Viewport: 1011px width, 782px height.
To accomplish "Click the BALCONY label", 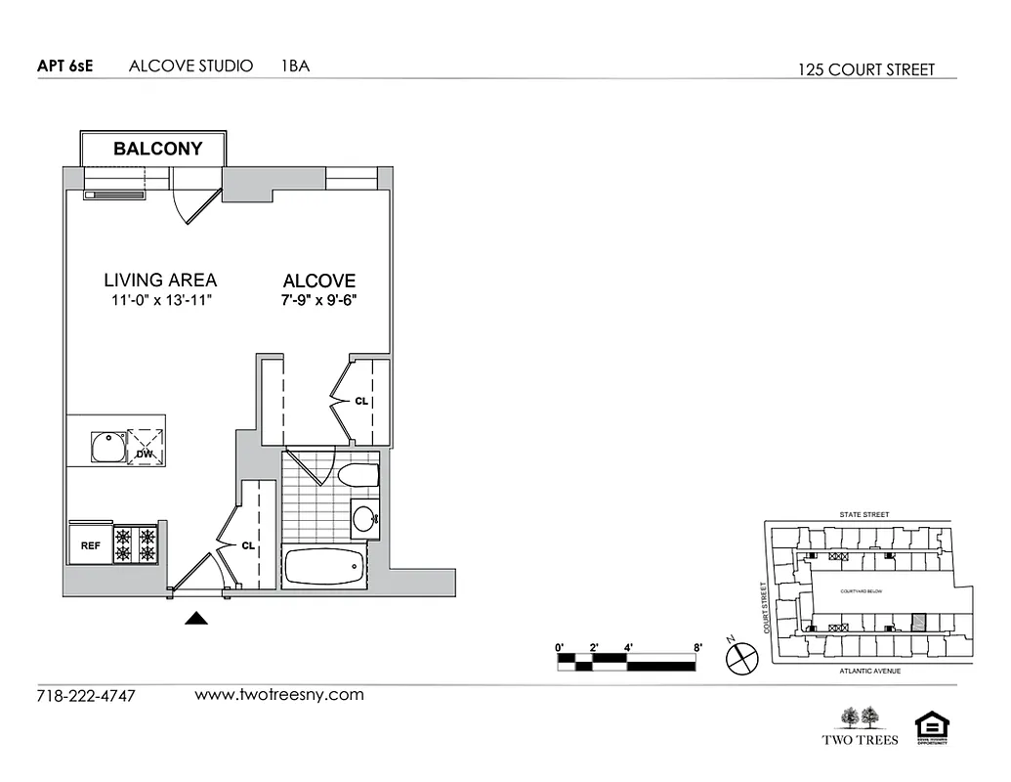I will point(157,149).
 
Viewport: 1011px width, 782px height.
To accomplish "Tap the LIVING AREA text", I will point(160,280).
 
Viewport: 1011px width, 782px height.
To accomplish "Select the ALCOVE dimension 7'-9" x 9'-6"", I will point(319,300).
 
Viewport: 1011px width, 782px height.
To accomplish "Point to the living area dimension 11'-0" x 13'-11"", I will point(160,300).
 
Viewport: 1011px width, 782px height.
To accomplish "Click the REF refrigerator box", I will point(89,545).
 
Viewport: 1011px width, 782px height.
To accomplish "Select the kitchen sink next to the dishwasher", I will point(106,448).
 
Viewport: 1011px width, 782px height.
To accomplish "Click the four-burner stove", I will point(136,544).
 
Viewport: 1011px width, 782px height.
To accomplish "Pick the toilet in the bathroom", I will point(358,477).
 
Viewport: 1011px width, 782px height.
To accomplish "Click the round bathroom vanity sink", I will point(365,518).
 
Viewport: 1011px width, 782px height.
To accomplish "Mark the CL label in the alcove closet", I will point(361,401).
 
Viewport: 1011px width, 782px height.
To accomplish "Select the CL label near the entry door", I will point(247,546).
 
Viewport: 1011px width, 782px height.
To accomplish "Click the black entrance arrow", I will point(197,618).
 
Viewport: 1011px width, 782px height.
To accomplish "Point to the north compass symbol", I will point(741,658).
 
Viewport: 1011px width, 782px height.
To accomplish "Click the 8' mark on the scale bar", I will point(697,647).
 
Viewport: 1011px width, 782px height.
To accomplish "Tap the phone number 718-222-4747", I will point(86,696).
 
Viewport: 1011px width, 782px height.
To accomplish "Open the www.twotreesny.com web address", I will point(279,695).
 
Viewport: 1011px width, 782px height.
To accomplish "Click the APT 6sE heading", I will point(65,66).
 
